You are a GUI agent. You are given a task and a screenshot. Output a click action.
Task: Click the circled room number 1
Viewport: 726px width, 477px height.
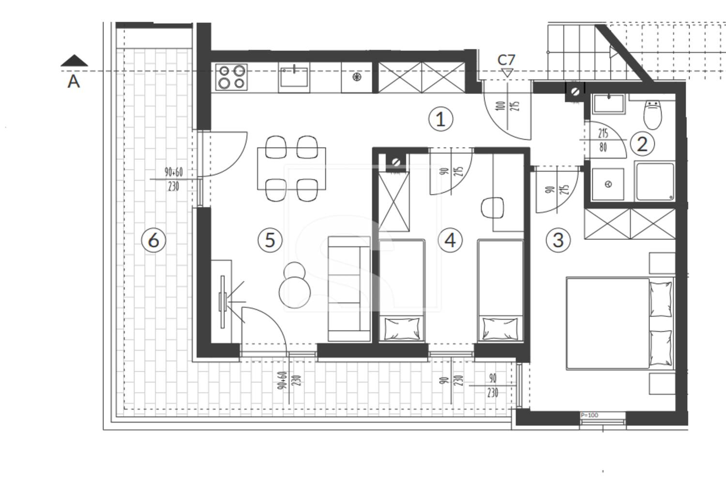440,119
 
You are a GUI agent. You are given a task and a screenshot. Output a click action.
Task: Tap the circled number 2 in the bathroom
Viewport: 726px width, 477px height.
642,144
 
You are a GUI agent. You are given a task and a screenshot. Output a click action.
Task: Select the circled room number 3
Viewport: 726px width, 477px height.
558,240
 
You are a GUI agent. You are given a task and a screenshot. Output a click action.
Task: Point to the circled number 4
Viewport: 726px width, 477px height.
450,240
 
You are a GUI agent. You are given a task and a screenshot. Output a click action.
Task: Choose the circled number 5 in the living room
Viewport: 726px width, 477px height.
270,240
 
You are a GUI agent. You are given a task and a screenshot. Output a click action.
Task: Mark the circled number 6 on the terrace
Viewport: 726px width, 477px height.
153,240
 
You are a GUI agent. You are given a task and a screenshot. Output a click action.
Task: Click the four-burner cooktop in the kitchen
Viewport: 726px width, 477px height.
231,77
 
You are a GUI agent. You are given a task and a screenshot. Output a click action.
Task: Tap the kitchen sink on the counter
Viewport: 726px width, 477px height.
294,77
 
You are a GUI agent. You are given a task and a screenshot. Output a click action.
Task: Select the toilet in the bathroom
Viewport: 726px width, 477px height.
653,114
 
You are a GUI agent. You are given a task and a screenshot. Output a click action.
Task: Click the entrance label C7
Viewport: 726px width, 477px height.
506,60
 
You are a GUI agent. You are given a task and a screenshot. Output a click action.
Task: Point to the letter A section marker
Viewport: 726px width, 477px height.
74,81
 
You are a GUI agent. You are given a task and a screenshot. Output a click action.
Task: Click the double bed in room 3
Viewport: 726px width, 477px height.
620,323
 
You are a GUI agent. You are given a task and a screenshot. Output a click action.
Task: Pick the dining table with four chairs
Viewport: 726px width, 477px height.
291,168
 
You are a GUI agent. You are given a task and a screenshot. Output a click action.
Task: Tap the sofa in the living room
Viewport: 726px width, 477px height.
349,289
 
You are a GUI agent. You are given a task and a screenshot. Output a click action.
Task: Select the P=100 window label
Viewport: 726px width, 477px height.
590,415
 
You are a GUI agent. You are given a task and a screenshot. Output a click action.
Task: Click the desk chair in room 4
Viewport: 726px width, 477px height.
492,208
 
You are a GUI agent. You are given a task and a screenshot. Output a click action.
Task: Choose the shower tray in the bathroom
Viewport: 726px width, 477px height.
655,181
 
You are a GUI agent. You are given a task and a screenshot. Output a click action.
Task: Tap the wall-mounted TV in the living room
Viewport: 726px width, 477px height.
222,302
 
